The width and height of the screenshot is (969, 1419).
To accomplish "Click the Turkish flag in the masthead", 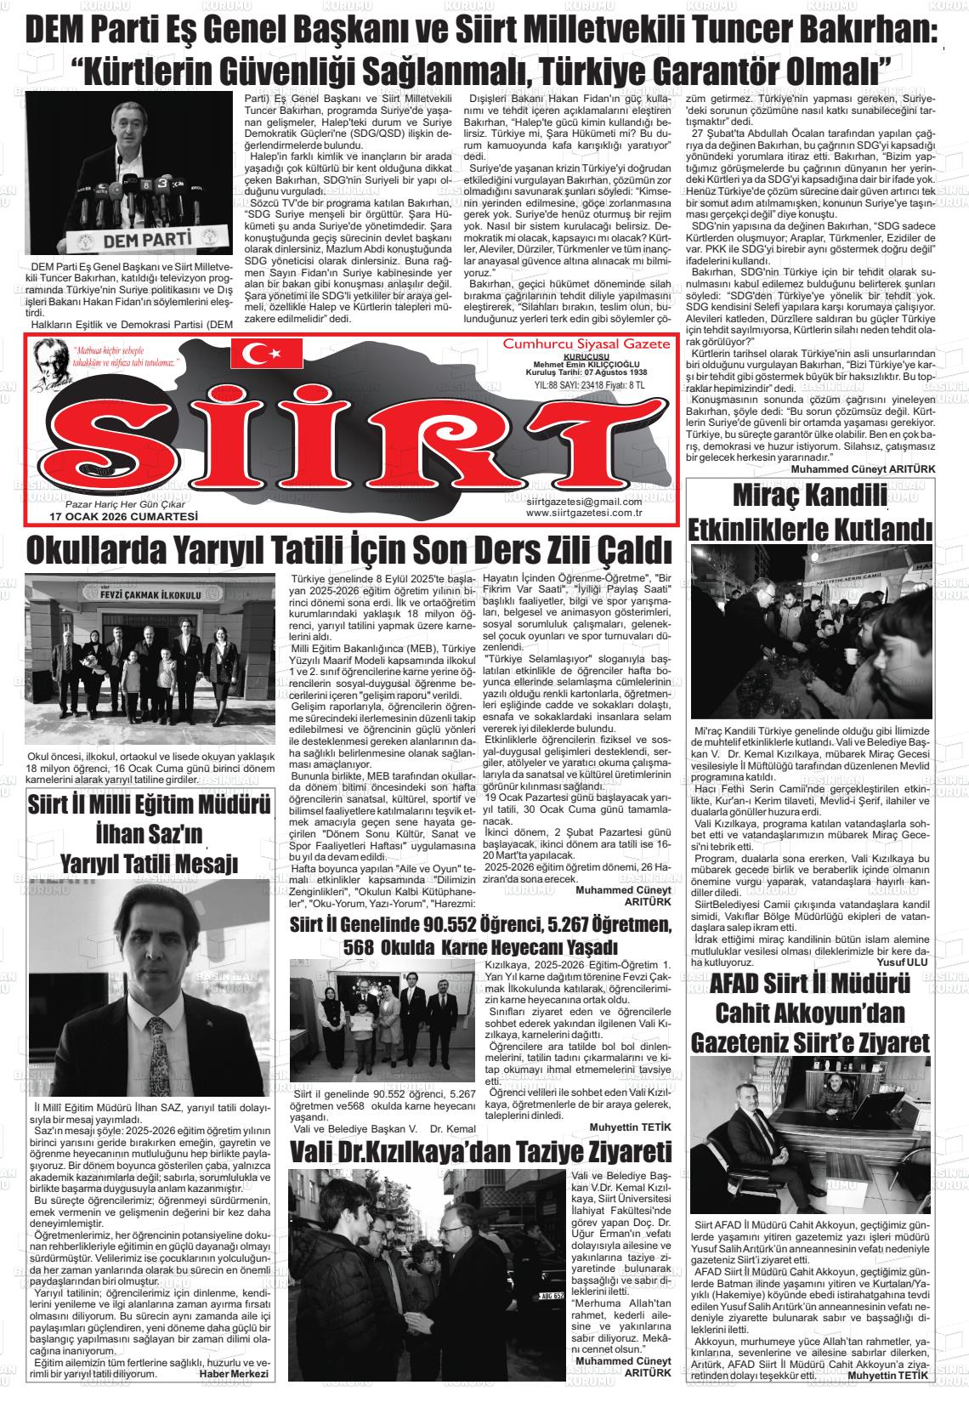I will [267, 353].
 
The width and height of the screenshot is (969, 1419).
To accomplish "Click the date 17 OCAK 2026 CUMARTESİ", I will [123, 516].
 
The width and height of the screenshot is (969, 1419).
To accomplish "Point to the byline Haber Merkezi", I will [234, 1373].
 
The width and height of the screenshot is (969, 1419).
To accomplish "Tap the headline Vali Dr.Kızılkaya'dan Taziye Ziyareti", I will [480, 1152].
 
